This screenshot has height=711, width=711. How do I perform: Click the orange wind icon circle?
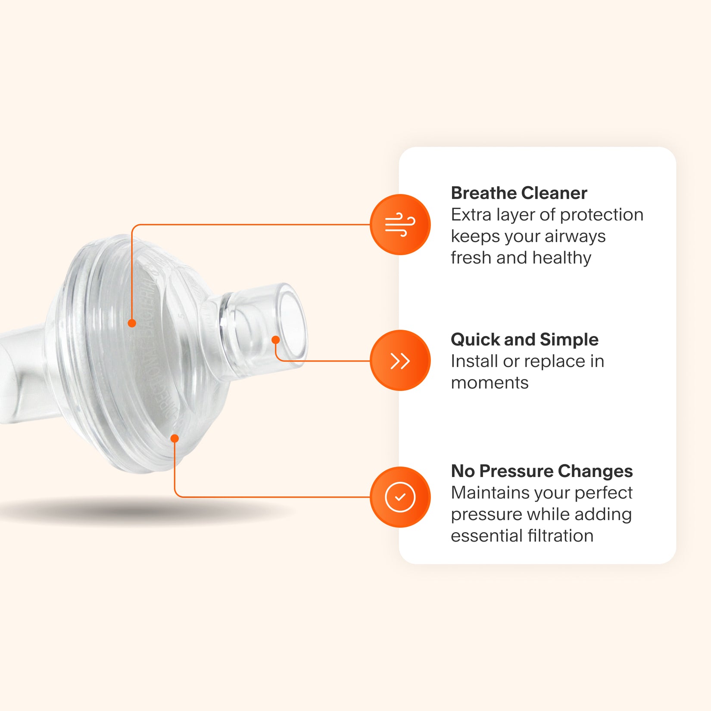coord(400,225)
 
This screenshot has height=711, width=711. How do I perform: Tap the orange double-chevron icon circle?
coord(400,360)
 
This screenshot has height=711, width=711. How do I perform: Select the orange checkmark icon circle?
coord(400,497)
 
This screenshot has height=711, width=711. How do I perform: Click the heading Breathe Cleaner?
coord(519,193)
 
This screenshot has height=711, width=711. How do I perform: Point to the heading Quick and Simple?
coord(524,340)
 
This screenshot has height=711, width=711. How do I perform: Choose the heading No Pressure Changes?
coord(542,471)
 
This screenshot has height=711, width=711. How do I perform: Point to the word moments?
coord(490,383)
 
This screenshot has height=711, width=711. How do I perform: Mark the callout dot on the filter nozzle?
coord(276,340)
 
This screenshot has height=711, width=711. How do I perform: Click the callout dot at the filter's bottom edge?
coord(175,439)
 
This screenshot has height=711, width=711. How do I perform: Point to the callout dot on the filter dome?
coord(132,323)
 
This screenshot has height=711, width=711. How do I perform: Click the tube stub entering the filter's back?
coord(22,375)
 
